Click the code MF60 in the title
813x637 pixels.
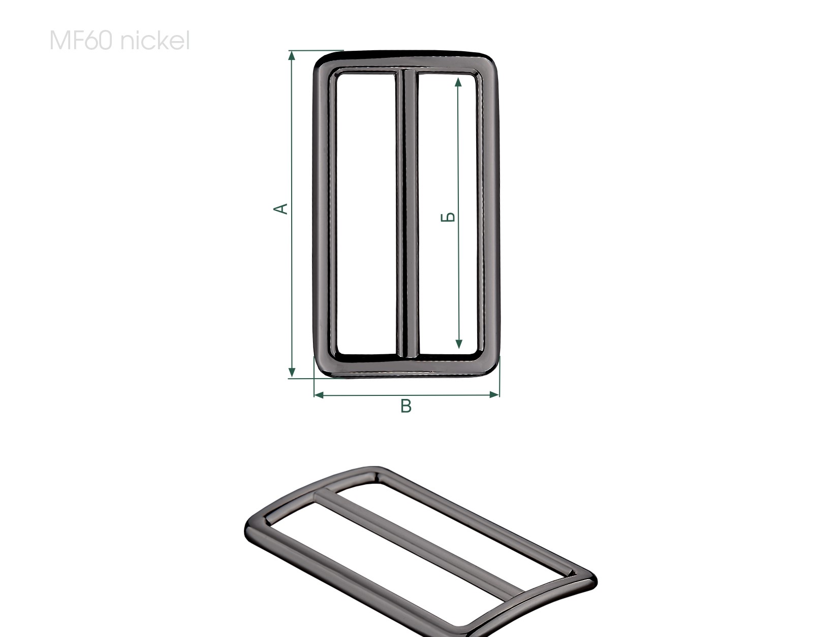coord(81,41)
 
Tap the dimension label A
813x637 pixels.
coord(280,209)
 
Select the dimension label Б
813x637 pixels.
coord(448,217)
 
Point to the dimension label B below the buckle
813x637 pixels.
coord(406,406)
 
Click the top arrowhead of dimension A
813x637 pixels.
coord(292,55)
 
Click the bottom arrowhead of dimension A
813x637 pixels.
coord(292,372)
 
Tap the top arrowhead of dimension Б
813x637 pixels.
coord(458,82)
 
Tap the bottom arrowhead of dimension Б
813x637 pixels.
coord(459,344)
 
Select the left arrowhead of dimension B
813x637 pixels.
coord(319,394)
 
